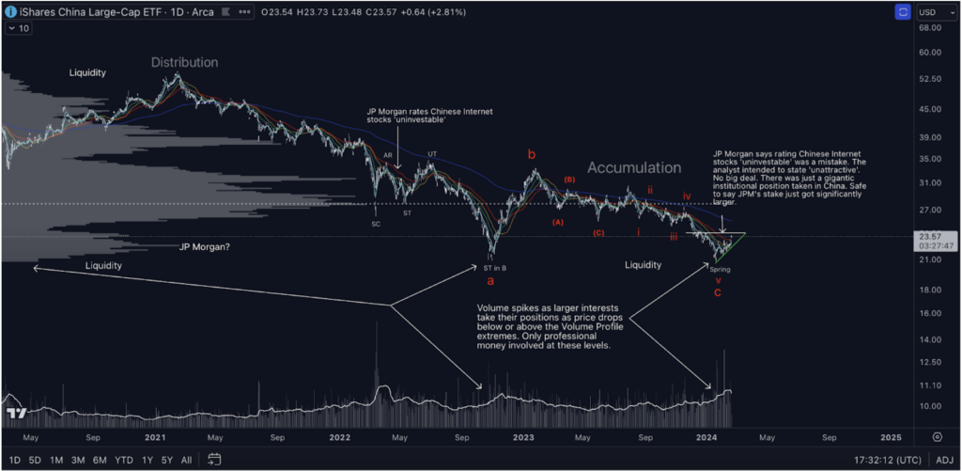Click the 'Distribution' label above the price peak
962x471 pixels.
pos(185,62)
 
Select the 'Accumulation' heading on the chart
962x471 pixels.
pos(634,167)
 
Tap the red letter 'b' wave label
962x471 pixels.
pos(531,153)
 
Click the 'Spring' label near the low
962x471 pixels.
pos(720,269)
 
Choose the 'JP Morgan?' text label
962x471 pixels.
pos(205,247)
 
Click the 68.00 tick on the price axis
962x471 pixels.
pos(930,27)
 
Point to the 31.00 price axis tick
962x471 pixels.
pos(930,182)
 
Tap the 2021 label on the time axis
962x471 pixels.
pos(155,437)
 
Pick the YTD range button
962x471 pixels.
pos(123,460)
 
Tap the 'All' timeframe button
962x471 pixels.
pos(186,460)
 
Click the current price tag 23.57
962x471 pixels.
pos(930,237)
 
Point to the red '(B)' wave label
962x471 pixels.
pos(568,179)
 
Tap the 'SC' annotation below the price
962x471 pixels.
pos(376,224)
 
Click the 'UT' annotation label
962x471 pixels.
pos(432,154)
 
